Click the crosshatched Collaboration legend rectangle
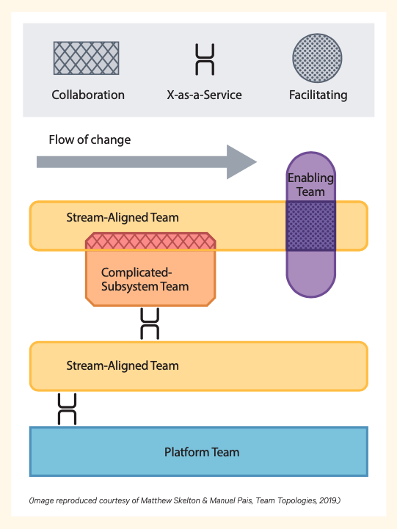point(87,58)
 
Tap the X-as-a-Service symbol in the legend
point(205,59)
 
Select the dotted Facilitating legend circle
point(317,58)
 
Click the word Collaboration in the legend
point(88,95)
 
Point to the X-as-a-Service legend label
point(205,95)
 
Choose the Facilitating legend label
point(318,95)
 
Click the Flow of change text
point(90,139)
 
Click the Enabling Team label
point(310,185)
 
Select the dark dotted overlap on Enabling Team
point(310,226)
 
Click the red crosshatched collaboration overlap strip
point(150,241)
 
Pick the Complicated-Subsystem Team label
point(145,280)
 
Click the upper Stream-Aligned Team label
point(123,218)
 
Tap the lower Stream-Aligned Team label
point(123,365)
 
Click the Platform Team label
point(202,452)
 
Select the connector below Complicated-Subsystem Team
point(150,324)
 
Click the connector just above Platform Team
point(67,409)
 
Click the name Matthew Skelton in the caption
point(170,500)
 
